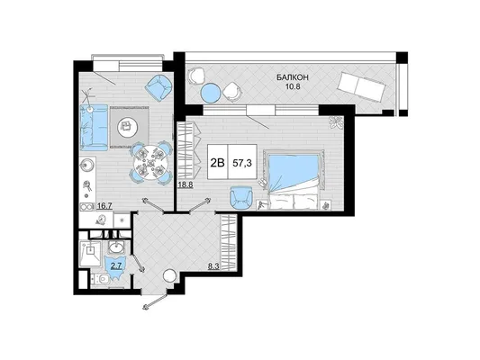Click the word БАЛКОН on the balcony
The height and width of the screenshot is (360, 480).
293,77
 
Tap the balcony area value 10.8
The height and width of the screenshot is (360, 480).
293,86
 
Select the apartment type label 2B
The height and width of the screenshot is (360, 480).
217,163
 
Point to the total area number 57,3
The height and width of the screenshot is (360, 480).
242,163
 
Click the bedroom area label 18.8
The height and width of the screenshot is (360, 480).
186,184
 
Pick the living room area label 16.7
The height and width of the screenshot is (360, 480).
104,206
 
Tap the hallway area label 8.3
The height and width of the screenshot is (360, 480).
213,266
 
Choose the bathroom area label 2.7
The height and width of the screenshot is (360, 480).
116,265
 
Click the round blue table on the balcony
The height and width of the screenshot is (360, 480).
211,93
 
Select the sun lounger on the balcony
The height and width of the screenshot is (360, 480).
361,87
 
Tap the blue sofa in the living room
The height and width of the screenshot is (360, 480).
94,128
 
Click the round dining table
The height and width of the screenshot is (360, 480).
150,163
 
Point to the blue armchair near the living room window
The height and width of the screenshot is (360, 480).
158,88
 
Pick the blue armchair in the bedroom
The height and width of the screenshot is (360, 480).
241,198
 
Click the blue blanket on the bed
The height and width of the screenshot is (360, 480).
294,173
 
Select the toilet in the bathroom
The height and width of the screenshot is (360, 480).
101,279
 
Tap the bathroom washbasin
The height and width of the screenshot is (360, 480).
116,247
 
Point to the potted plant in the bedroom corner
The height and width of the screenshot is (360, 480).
336,122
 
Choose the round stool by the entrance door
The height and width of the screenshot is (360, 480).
169,276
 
